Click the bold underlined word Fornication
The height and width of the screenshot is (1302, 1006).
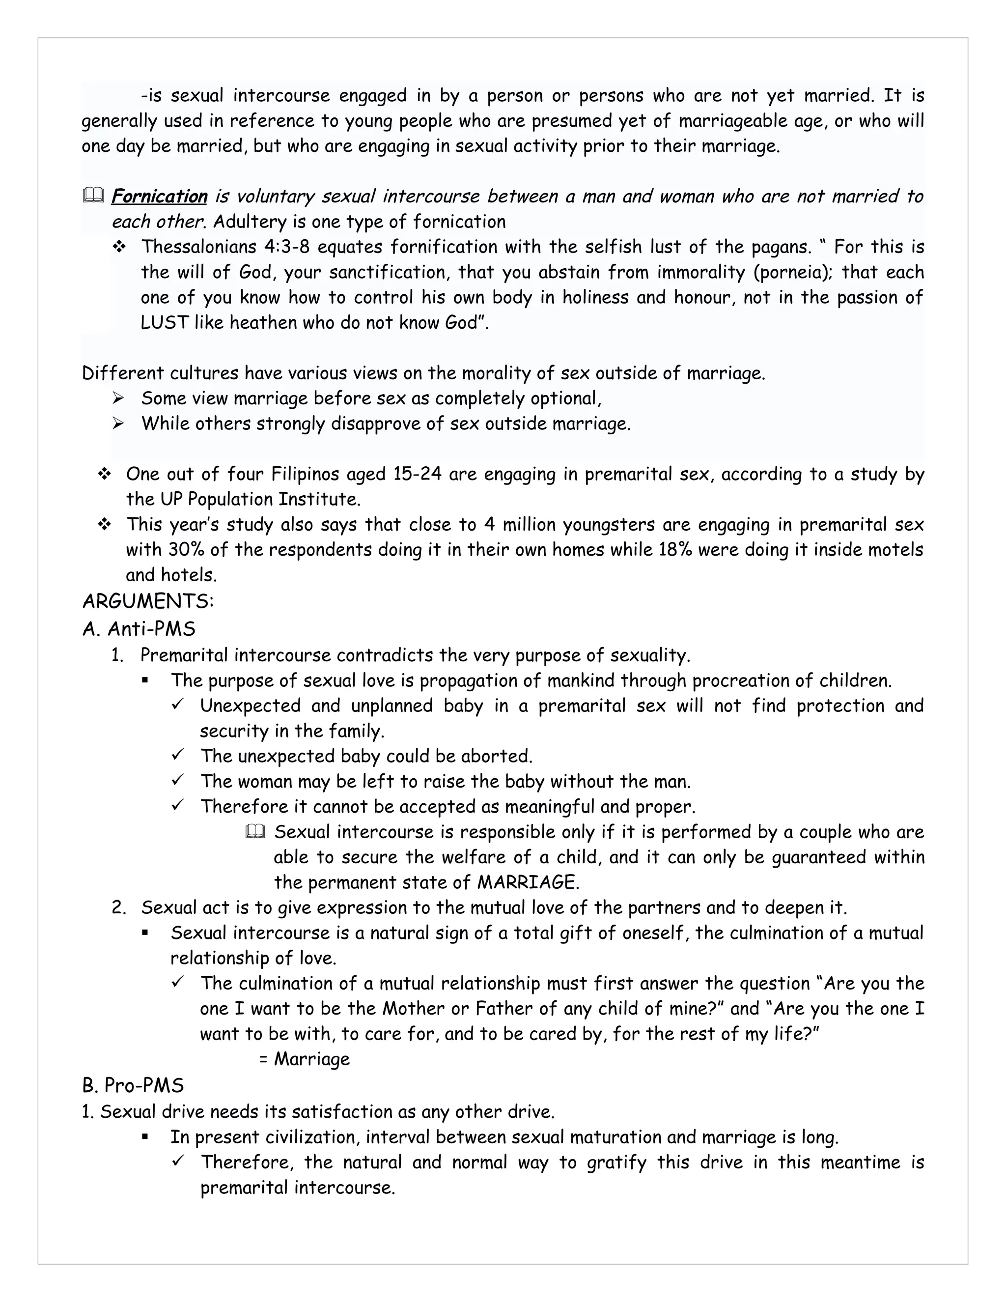click(x=159, y=196)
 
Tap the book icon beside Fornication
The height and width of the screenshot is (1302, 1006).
click(x=93, y=196)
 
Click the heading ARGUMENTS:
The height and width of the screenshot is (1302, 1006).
click(x=148, y=601)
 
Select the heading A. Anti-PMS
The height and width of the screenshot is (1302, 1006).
click(x=139, y=628)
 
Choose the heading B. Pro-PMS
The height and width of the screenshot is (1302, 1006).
click(x=133, y=1086)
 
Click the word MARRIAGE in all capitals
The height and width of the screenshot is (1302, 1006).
click(x=528, y=882)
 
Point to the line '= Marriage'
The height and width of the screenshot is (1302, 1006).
click(x=305, y=1059)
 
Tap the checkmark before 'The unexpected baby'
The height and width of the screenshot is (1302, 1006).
click(x=178, y=755)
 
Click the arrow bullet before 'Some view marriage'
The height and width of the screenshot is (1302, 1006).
click(x=118, y=398)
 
